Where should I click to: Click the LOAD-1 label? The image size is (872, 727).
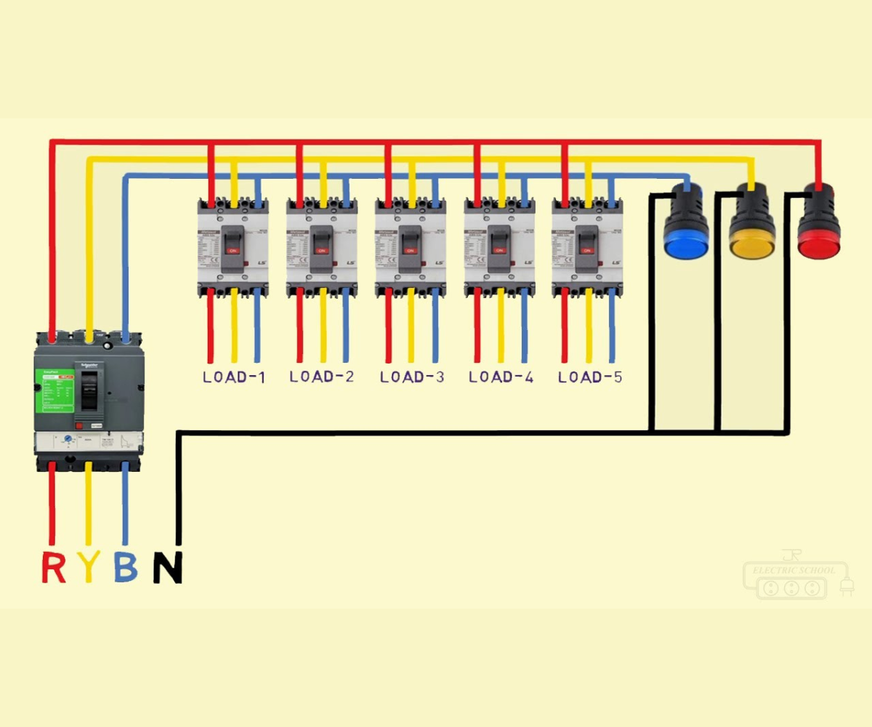pyautogui.click(x=233, y=377)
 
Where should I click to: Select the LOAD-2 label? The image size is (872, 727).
pyautogui.click(x=322, y=377)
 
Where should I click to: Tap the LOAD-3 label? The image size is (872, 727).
pyautogui.click(x=412, y=377)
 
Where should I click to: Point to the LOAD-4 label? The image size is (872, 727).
pyautogui.click(x=501, y=377)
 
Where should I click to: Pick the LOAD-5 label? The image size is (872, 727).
pyautogui.click(x=590, y=377)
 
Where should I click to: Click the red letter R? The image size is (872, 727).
pyautogui.click(x=53, y=567)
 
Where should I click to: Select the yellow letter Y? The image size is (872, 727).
pyautogui.click(x=89, y=567)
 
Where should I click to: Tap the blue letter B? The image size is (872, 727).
pyautogui.click(x=126, y=567)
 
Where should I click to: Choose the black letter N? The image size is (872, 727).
pyautogui.click(x=167, y=568)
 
